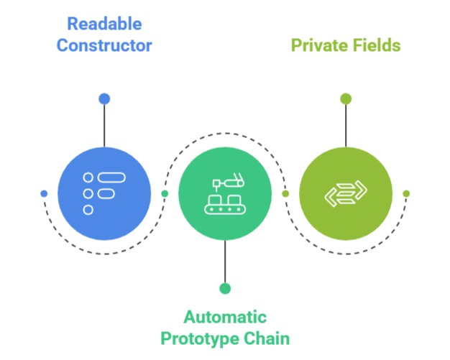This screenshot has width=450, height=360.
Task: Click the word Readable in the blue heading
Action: click(104, 24)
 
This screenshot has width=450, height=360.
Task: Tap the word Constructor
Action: click(104, 45)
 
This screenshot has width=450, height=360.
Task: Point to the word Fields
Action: click(376, 45)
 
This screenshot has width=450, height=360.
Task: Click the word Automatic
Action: click(225, 317)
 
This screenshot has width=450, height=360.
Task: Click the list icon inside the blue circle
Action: click(104, 193)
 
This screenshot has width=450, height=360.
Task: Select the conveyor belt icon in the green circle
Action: click(225, 195)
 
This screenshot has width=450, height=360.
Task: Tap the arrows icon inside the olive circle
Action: click(346, 193)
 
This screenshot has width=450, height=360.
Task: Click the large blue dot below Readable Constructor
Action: click(104, 98)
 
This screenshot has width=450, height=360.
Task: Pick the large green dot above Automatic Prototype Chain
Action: click(225, 289)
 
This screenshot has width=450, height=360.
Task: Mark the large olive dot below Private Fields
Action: click(346, 98)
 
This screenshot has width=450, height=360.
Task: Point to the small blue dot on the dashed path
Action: click(44, 193)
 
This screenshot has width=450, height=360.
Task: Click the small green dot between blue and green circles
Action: click(165, 193)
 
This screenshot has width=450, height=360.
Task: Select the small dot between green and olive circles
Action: click(285, 193)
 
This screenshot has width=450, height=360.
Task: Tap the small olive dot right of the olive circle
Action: click(406, 193)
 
